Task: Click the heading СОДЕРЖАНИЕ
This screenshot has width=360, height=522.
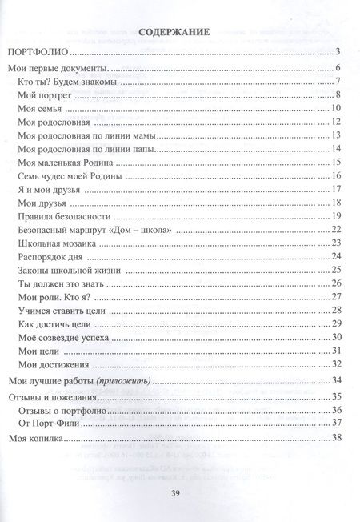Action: pos(174,33)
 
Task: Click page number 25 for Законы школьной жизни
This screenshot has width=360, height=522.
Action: pos(337,270)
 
